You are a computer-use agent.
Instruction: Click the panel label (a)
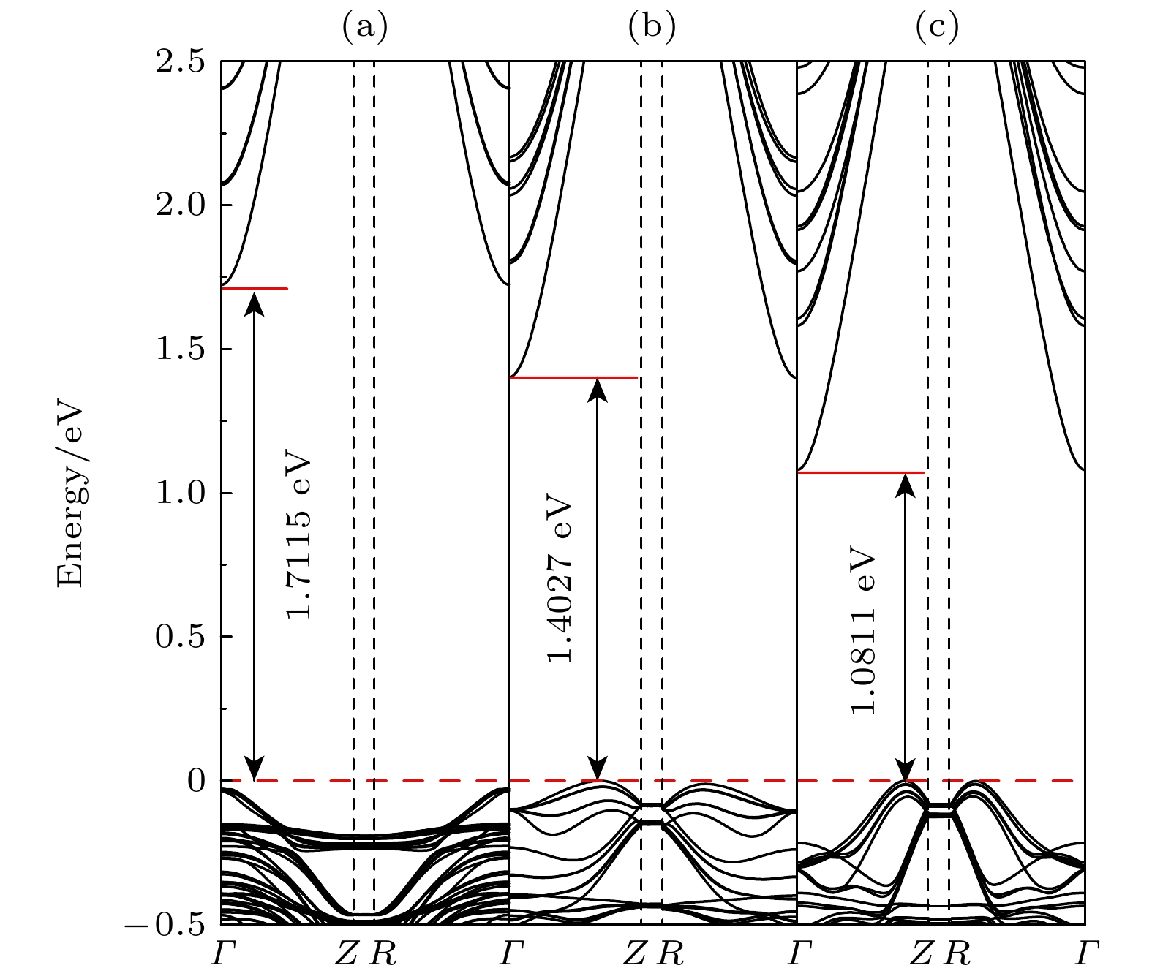point(364,27)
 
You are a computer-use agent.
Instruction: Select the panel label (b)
point(652,27)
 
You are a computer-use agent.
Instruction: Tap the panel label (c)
point(937,27)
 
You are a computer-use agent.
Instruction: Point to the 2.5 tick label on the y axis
point(179,62)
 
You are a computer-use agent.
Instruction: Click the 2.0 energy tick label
point(179,205)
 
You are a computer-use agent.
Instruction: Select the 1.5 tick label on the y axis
point(179,349)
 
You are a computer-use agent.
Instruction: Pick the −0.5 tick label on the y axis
point(166,925)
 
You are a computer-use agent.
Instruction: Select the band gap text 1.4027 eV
point(561,582)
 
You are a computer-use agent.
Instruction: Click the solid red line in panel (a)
point(255,289)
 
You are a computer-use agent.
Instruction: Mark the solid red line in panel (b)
point(573,378)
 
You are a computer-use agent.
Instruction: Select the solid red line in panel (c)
point(860,473)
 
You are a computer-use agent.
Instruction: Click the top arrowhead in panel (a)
point(254,300)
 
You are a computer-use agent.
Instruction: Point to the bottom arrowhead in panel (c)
point(906,771)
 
